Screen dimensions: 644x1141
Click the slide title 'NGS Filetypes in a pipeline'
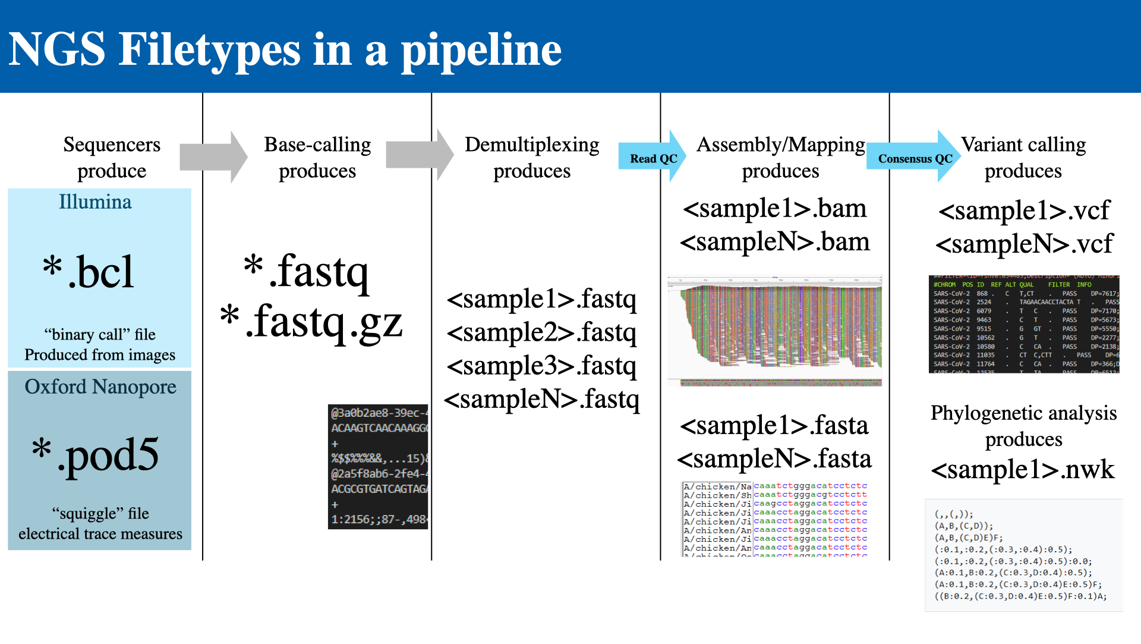[285, 50]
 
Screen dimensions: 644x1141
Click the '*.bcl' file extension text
[89, 271]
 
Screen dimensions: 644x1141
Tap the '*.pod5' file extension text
[96, 454]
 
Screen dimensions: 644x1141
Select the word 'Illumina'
[95, 202]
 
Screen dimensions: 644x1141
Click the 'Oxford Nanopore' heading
[100, 387]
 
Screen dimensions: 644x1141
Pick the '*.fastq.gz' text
[311, 321]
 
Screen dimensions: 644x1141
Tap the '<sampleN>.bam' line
[775, 241]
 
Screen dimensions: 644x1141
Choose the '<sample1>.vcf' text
[1024, 211]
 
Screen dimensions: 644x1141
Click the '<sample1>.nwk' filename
[1022, 469]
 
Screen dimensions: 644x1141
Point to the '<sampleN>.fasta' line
[774, 458]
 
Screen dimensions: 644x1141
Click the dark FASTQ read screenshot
[378, 466]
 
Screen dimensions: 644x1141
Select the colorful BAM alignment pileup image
[775, 331]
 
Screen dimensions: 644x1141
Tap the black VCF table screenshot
[1023, 324]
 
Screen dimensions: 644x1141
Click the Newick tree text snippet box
[1023, 555]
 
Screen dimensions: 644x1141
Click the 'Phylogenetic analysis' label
[1023, 413]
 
